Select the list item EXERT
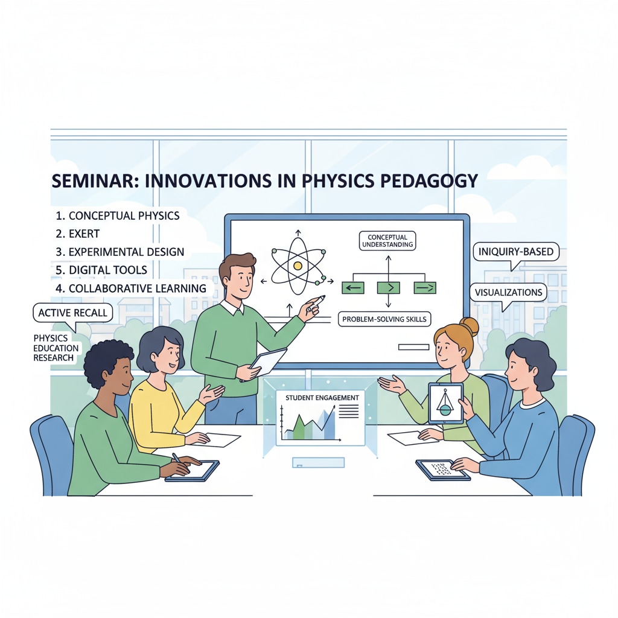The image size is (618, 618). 78,234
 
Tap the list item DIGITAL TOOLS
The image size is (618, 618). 101,270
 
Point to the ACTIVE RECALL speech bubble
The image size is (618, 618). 73,313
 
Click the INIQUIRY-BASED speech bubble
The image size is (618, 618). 516,252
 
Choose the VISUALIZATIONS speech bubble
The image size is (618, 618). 508,293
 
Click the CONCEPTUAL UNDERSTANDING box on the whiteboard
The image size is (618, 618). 387,241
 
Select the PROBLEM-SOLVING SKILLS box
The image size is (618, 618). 384,319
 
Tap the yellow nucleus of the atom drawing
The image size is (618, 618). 298,266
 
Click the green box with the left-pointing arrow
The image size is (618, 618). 352,288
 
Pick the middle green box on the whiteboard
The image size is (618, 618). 389,288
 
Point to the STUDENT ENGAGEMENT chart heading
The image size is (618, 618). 322,398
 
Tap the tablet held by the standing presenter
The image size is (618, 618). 265,364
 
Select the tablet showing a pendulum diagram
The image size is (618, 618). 446,403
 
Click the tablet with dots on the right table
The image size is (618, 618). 442,470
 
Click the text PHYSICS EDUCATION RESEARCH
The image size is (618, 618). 56,348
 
